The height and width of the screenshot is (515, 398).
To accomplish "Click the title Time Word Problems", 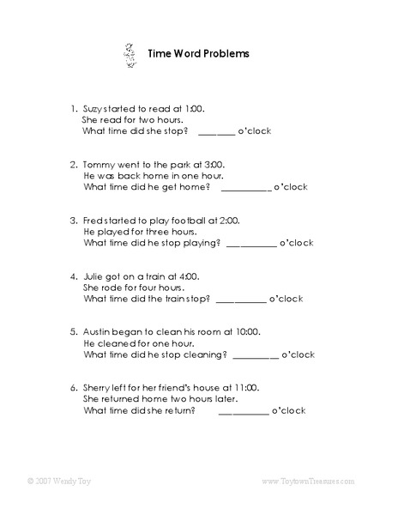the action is (199, 53).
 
